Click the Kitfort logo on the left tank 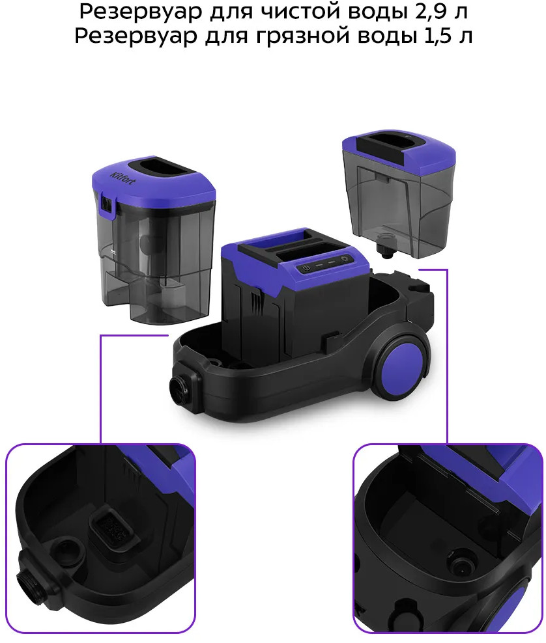tap(122, 176)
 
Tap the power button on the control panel tap(306, 269)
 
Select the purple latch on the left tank tap(107, 204)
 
